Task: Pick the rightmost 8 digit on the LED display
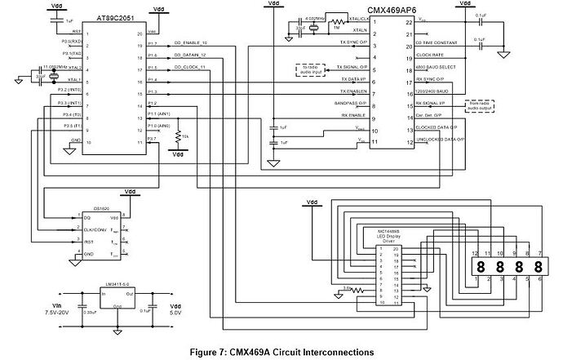click(537, 267)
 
